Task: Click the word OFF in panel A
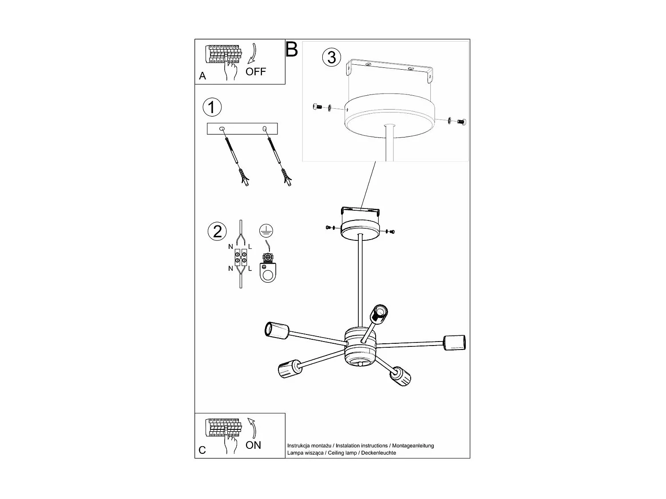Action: pyautogui.click(x=256, y=71)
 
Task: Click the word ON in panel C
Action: pyautogui.click(x=254, y=445)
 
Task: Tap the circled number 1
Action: pyautogui.click(x=212, y=107)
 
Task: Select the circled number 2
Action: pyautogui.click(x=217, y=231)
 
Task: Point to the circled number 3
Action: pyautogui.click(x=332, y=57)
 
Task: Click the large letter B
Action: pyautogui.click(x=292, y=49)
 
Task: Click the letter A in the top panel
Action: pyautogui.click(x=202, y=76)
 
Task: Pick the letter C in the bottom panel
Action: pyautogui.click(x=202, y=450)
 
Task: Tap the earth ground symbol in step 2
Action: pyautogui.click(x=266, y=230)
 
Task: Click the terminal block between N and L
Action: pyautogui.click(x=240, y=257)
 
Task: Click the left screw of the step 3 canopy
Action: pyautogui.click(x=317, y=106)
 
